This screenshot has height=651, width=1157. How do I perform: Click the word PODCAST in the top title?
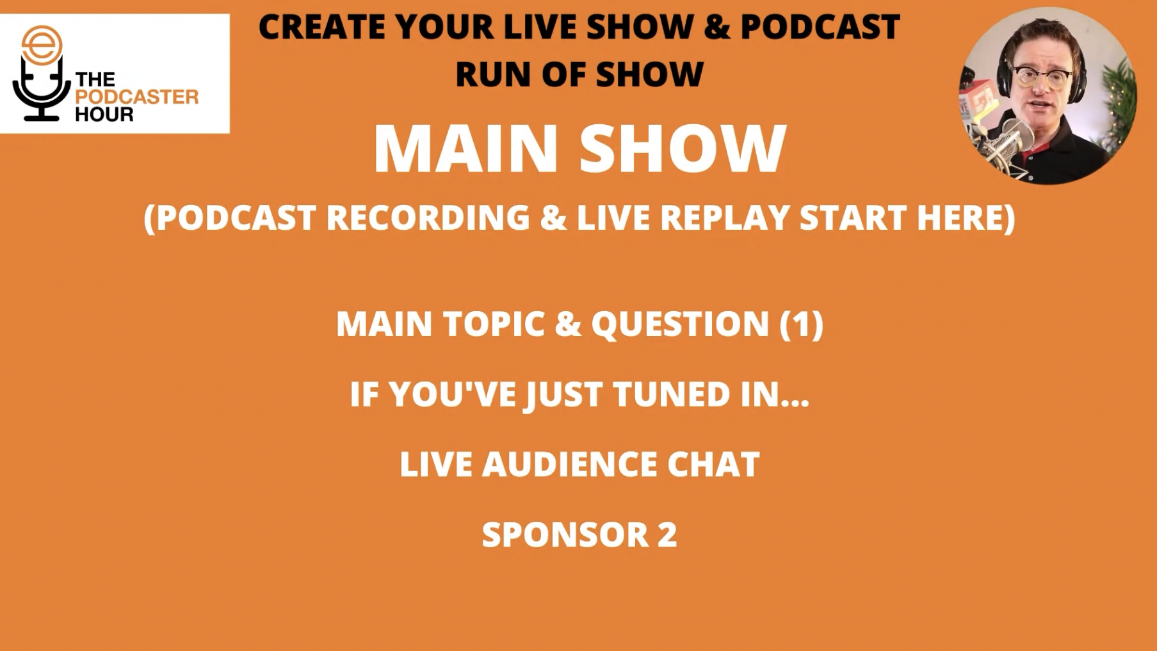click(x=820, y=27)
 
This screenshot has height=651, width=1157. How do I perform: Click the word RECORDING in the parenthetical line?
click(x=428, y=218)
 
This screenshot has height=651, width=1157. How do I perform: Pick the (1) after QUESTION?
click(x=801, y=324)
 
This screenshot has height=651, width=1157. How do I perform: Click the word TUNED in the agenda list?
click(x=672, y=394)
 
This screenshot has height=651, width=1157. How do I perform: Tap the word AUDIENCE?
click(x=569, y=464)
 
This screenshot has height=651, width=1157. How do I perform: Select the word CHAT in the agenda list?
click(x=713, y=464)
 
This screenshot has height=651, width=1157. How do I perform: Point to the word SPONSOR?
click(x=565, y=534)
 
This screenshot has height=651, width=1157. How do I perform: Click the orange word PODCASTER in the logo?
click(x=137, y=97)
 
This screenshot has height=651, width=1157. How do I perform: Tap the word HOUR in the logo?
click(x=104, y=115)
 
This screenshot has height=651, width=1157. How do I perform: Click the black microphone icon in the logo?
click(x=42, y=90)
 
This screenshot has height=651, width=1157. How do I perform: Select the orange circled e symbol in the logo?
click(x=42, y=45)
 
